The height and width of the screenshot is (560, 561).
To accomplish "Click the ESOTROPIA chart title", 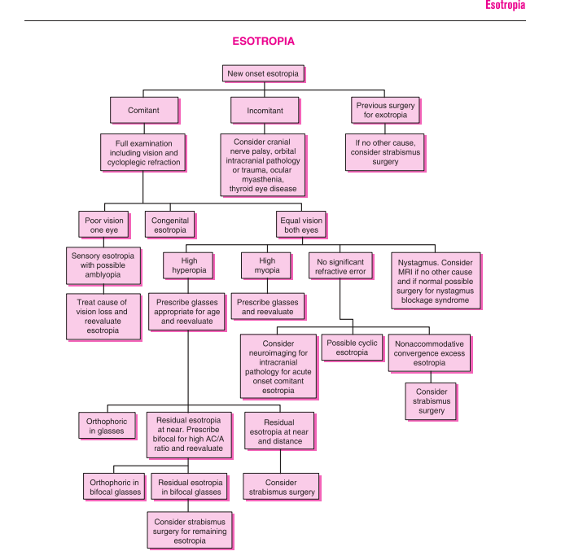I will point(263,41).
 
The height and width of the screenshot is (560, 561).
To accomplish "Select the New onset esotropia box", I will point(262,73).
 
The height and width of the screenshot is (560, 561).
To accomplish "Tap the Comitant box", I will point(143,110).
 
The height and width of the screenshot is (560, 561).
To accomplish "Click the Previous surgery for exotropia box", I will point(385,110).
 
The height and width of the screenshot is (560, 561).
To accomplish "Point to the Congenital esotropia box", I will point(170,225).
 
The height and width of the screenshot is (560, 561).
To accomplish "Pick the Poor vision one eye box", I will point(103,225).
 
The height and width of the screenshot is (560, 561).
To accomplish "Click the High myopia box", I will point(267,265).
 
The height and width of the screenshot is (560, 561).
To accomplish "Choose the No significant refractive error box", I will point(340,265).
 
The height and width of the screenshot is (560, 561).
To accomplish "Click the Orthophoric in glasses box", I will point(105,426).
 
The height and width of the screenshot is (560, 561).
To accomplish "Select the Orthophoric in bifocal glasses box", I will point(115,486).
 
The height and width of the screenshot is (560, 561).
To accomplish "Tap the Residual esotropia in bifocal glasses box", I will point(189,486).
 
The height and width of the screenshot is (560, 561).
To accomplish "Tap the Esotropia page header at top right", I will point(505,6).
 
